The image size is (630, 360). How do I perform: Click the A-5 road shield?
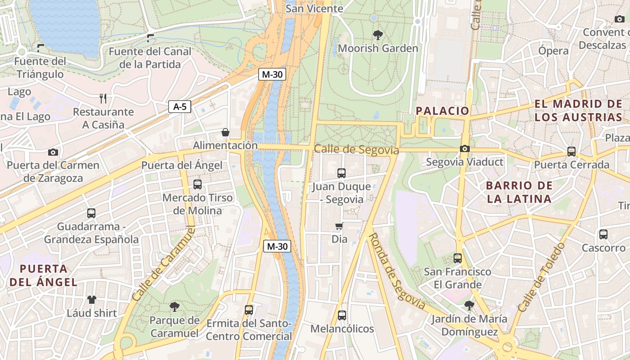point(180,107)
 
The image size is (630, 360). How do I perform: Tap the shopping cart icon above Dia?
point(339,226)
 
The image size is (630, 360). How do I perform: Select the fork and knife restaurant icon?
point(103,98)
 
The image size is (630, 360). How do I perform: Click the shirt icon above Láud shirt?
point(92,300)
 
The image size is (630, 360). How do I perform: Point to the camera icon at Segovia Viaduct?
point(464,148)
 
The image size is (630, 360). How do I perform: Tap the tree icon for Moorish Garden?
point(378,35)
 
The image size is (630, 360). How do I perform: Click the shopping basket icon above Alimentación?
point(225,132)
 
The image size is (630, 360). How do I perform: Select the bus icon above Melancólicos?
point(342,315)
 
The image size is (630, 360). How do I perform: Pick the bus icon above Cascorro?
point(603,234)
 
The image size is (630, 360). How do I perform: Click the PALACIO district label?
point(442,111)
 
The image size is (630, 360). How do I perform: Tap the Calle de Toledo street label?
point(541,277)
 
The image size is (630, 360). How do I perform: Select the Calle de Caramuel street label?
point(164,264)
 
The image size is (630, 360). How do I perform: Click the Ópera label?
point(553,51)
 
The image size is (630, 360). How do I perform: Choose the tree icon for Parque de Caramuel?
point(174,307)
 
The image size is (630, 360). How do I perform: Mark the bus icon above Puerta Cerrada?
point(571,152)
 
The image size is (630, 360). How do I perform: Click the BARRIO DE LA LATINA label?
point(519,192)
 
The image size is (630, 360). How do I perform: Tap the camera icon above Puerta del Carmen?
point(53,152)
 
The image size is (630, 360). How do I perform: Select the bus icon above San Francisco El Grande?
point(458,258)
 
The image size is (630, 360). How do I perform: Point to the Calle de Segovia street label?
point(356,149)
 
